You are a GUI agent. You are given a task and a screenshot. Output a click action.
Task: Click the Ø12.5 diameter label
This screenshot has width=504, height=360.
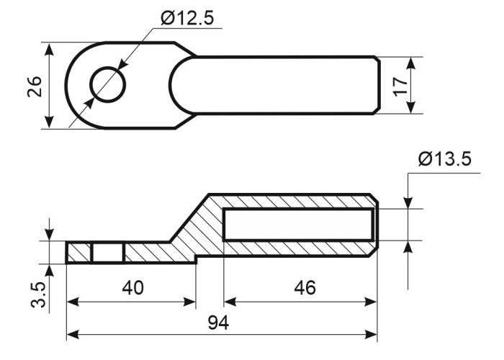coord(187,18)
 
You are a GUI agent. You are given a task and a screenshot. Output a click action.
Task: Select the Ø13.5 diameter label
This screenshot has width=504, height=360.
coord(445,159)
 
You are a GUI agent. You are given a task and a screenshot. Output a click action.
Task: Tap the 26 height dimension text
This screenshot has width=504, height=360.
coord(35,86)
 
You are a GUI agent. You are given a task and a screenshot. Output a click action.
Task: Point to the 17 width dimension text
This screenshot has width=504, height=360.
coord(400,86)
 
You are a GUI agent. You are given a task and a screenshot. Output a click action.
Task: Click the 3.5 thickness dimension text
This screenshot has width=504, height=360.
coord(39,295)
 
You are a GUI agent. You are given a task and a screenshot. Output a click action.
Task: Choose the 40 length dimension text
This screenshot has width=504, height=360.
coord(132,288)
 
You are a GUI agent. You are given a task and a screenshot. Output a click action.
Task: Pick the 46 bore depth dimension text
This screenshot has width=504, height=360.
coord(305,288)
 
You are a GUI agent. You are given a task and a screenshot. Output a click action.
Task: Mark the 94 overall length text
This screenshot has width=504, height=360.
coord(219,323)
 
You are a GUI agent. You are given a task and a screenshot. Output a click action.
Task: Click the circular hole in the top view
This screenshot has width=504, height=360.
coord(108,85)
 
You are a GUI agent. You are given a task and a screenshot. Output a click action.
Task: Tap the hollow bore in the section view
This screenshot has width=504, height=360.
coord(299,225)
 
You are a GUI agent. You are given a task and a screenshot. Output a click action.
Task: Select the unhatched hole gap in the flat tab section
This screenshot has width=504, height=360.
coord(108,253)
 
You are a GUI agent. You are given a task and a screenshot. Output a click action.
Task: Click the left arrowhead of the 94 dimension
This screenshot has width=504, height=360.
coord(73,334)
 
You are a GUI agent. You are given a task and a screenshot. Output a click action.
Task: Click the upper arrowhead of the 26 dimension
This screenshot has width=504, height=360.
coord(49,49)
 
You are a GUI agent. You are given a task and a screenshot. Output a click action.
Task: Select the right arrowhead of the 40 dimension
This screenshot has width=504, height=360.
coord(189,302)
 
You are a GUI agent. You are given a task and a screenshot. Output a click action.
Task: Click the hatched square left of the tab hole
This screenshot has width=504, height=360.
coord(79,253)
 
